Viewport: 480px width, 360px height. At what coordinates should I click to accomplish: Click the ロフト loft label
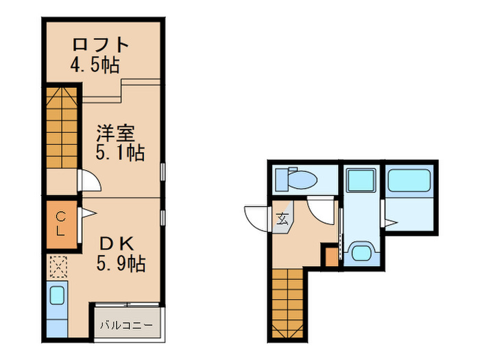pos(101,45)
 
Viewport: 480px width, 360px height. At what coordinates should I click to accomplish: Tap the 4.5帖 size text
pos(95,66)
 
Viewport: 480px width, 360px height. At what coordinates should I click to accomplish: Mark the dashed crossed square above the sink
pos(58,266)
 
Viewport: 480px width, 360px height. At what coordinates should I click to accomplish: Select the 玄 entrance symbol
pos(283,219)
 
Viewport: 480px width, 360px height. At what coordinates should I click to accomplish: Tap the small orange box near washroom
pos(331,257)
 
